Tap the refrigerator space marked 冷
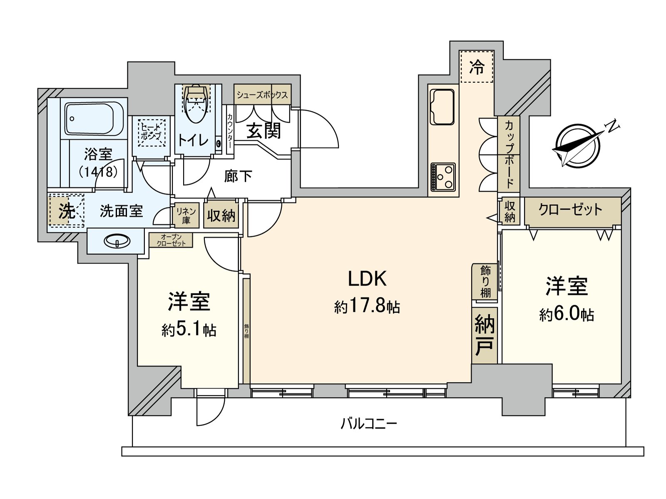click(477, 67)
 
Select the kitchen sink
click(442, 106)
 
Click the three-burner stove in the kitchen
click(443, 177)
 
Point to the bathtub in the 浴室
click(94, 119)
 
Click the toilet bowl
click(196, 104)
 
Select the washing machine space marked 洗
click(67, 212)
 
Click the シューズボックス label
click(262, 95)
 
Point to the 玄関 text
click(263, 131)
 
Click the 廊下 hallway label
click(238, 176)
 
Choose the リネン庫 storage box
click(186, 215)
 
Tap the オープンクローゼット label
click(171, 240)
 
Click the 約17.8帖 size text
click(367, 306)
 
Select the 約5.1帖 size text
click(189, 330)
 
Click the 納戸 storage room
click(485, 335)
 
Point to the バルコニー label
click(368, 423)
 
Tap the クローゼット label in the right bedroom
click(570, 210)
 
